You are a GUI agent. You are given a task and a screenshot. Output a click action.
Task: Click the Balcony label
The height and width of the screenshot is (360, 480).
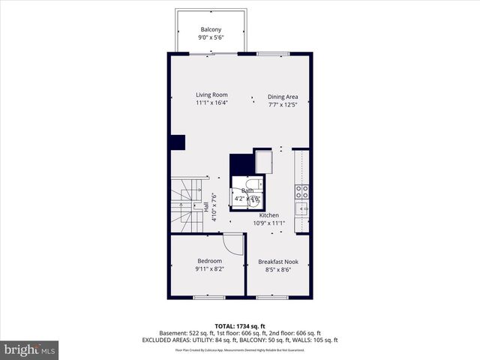tap(211, 29)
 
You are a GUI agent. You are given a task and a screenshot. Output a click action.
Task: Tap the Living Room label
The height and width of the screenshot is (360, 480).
tap(211, 94)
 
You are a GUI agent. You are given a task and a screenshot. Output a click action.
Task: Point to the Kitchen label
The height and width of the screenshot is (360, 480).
tap(268, 215)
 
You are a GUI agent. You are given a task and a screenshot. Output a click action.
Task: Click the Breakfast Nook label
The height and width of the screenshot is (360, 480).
tap(278, 262)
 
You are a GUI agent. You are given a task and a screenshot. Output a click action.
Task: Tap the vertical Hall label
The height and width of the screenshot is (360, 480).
tap(205, 208)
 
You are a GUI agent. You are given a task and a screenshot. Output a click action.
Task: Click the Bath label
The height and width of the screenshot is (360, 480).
tap(247, 190)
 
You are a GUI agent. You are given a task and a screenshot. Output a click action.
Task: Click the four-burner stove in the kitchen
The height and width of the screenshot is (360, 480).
tap(301, 190)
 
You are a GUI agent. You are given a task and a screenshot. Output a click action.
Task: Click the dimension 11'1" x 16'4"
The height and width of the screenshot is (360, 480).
tap(211, 103)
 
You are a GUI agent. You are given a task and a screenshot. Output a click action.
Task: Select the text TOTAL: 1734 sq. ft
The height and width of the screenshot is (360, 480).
tap(239, 325)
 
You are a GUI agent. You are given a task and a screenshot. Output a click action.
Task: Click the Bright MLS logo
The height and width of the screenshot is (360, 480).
tap(30, 349)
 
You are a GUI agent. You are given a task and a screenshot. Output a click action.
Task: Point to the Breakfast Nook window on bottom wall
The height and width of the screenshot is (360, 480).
tap(272, 297)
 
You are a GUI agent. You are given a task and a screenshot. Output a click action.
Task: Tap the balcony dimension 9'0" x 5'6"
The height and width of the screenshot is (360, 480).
tap(211, 37)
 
